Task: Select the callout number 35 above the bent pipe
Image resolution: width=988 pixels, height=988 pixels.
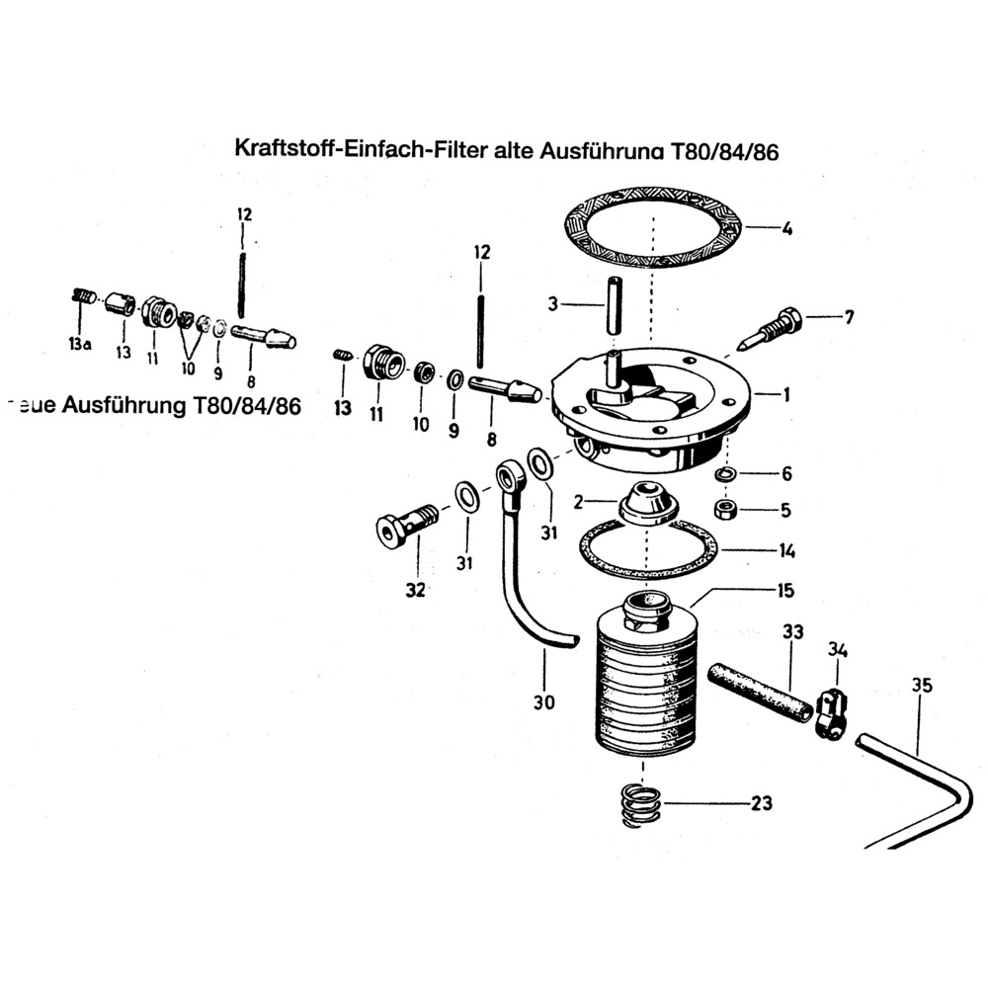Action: [922, 685]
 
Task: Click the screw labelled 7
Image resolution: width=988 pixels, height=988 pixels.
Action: [775, 322]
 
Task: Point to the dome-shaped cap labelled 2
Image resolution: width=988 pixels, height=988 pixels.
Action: [647, 502]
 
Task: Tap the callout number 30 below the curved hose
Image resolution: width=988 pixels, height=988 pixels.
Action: [543, 703]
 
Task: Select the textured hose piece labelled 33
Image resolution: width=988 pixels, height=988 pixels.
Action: [760, 691]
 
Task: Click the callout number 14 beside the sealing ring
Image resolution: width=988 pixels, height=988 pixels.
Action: [786, 550]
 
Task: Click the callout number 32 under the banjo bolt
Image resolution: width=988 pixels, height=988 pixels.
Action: [415, 590]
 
